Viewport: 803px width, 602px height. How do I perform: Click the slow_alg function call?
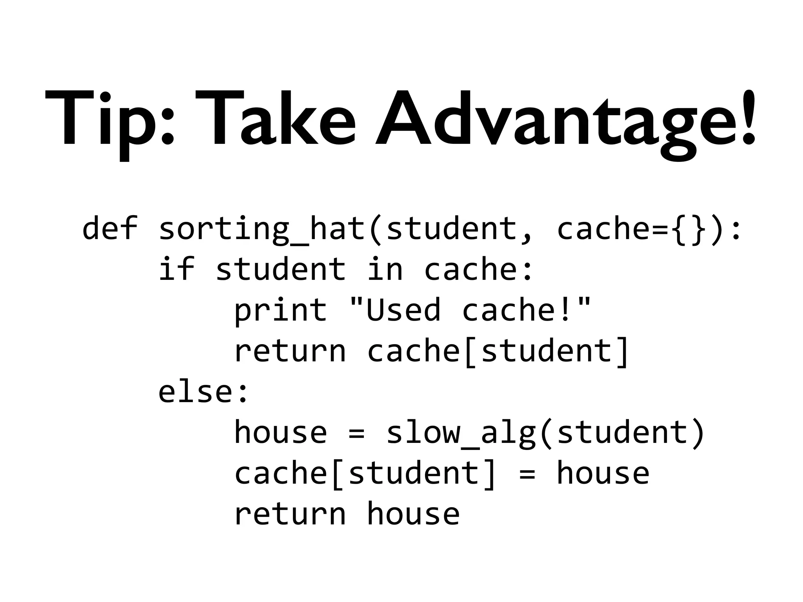click(x=461, y=433)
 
